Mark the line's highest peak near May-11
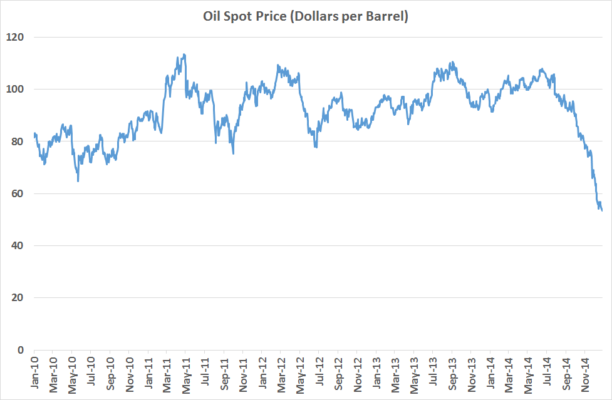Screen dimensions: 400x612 pyautogui.click(x=184, y=54)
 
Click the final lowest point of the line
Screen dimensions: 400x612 pyautogui.click(x=602, y=211)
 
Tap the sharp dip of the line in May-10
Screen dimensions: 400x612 pyautogui.click(x=78, y=181)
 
